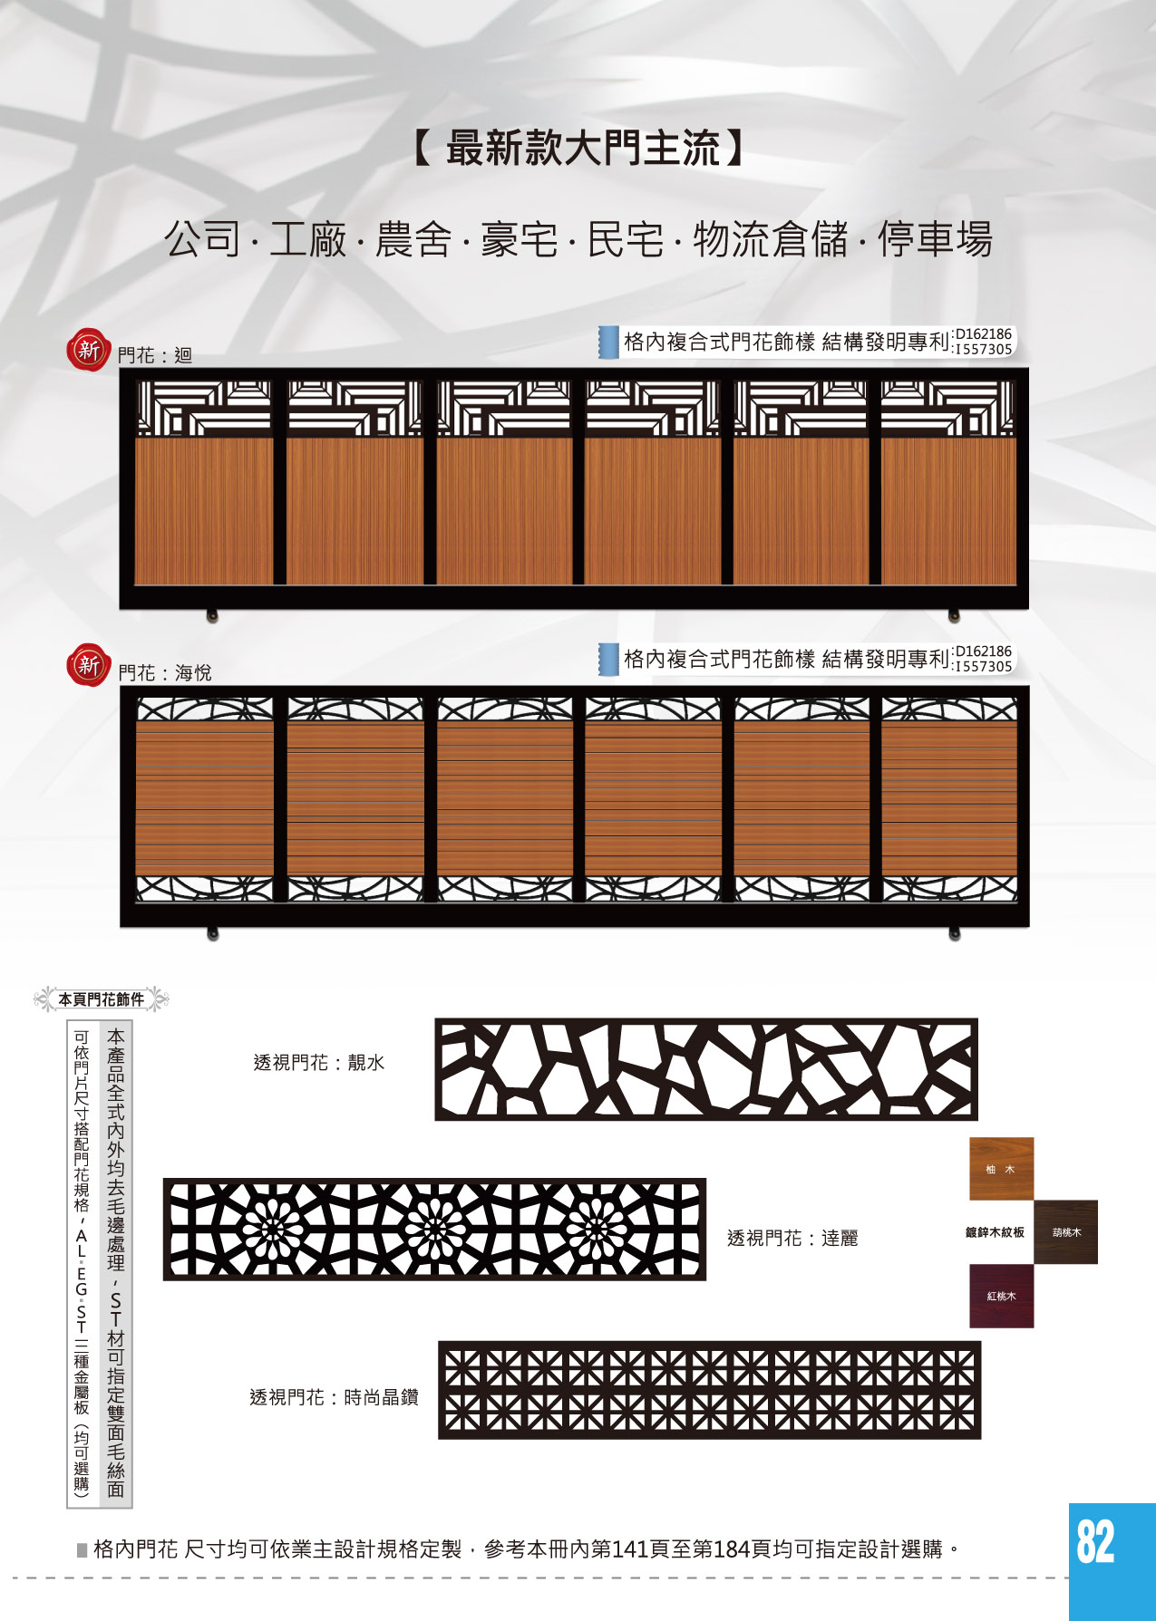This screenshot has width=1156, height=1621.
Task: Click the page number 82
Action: [1095, 1541]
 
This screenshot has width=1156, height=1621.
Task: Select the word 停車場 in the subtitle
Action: [935, 240]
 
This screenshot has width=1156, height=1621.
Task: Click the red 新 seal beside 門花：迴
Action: [88, 349]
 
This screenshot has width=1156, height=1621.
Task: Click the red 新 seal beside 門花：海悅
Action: [88, 665]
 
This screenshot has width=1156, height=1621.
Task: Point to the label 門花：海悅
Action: [165, 673]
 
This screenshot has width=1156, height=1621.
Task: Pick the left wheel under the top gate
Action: [212, 616]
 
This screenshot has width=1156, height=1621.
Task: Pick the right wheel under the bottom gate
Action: [954, 934]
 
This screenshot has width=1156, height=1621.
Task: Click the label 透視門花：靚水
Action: [319, 1063]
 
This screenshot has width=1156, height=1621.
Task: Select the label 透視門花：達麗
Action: [792, 1238]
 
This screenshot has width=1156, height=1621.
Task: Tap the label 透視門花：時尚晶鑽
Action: [334, 1397]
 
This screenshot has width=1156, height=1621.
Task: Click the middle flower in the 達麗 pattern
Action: [434, 1230]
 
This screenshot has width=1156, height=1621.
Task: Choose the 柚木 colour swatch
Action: [1001, 1169]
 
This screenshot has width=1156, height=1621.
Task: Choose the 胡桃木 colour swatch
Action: [1065, 1232]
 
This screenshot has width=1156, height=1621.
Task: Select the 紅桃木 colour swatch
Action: [1001, 1297]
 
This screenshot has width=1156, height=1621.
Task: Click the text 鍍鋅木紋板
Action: [995, 1232]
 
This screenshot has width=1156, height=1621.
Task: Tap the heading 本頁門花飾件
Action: [102, 999]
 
